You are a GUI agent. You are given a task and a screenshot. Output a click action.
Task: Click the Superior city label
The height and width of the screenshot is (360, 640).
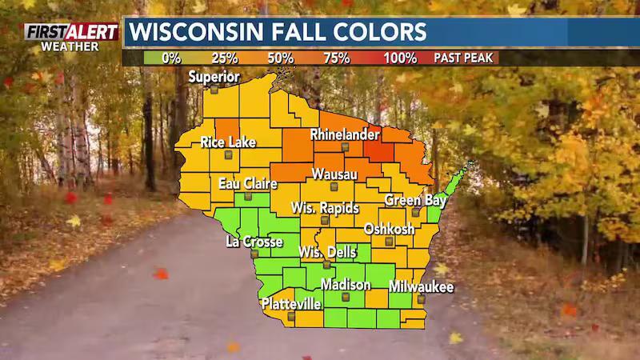click(214, 77)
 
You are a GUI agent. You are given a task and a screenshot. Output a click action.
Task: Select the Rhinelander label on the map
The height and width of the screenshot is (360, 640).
click(343, 134)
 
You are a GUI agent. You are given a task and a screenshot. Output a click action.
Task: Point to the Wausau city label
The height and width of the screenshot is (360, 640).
click(334, 174)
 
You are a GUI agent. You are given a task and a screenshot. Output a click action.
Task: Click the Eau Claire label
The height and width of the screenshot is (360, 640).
click(248, 183)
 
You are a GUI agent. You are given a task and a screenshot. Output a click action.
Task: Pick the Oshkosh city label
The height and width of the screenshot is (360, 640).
click(390, 229)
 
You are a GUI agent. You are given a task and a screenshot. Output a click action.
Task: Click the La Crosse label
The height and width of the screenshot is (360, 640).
click(254, 241)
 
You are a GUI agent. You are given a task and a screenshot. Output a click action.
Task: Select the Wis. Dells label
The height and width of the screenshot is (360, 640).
click(326, 252)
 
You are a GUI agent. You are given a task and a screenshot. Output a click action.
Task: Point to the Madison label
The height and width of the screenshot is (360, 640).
click(346, 285)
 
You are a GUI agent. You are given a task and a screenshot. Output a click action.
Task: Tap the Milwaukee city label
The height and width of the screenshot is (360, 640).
click(422, 286)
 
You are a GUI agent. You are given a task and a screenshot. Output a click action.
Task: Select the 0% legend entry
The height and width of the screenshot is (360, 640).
click(171, 58)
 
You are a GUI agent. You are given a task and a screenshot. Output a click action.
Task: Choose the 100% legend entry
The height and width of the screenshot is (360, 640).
click(399, 58)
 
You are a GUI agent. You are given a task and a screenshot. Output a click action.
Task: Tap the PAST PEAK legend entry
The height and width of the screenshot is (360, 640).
click(466, 58)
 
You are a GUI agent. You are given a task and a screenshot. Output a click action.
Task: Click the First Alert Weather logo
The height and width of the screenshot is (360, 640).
click(71, 37)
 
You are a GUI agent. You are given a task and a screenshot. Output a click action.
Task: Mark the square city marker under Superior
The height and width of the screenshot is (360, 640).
click(214, 90)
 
